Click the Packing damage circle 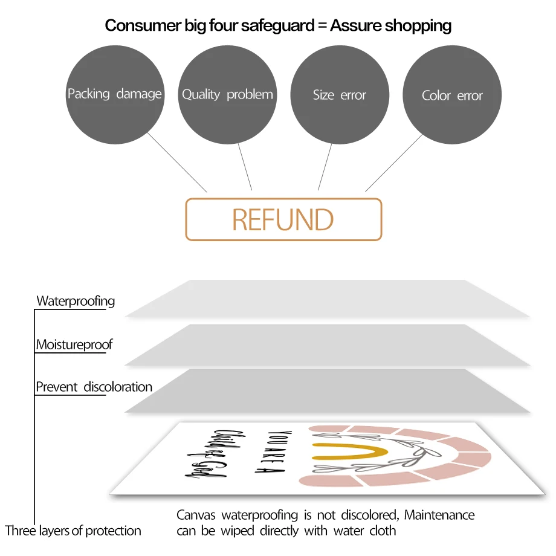point(115,95)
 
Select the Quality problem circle point(227,95)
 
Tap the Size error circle point(340,95)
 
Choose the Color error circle point(452,95)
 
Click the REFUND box point(283,219)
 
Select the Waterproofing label point(76,301)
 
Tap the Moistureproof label point(74,345)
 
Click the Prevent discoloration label point(94,387)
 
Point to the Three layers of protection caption point(73,531)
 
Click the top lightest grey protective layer point(326,299)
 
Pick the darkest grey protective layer point(326,391)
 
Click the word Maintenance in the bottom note point(439,516)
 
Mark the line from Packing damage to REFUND point(177,163)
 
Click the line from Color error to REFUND point(393,163)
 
